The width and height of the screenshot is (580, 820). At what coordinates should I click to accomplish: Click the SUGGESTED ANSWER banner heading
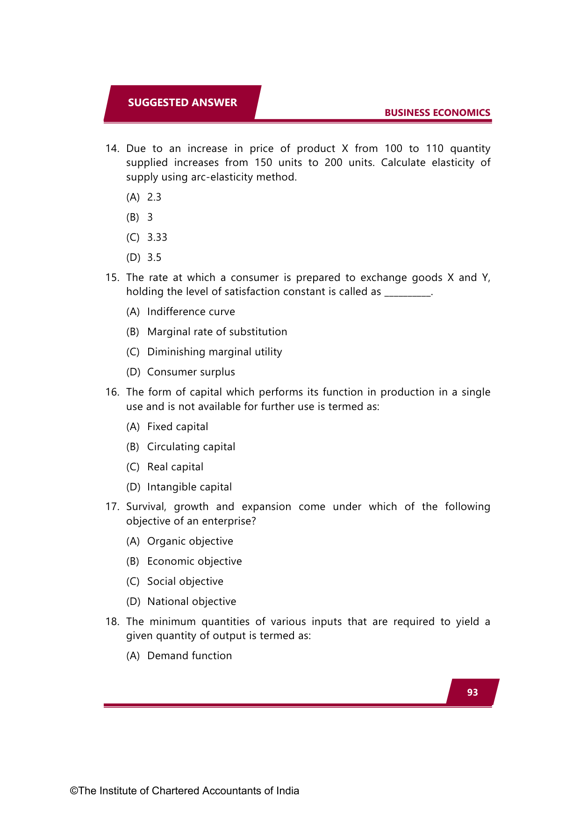182,102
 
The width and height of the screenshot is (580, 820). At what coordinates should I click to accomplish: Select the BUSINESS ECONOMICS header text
437,113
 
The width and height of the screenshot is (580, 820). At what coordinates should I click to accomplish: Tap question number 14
112,149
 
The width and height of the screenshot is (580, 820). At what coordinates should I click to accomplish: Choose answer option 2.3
154,197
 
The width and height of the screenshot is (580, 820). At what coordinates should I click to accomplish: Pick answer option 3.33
157,237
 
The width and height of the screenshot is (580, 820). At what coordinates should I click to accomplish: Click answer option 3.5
154,258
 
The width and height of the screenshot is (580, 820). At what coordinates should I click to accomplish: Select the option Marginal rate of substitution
217,332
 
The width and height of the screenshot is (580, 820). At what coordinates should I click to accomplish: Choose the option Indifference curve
191,312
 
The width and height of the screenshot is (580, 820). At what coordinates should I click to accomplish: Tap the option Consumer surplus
191,372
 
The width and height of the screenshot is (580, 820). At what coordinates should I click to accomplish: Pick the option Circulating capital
191,447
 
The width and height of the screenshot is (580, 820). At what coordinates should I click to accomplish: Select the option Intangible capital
189,487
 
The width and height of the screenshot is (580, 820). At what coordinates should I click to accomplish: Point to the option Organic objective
190,541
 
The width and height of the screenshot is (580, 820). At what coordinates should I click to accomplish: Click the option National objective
192,602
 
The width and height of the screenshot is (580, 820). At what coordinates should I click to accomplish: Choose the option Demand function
189,656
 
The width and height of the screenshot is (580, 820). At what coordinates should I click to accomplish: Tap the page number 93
472,692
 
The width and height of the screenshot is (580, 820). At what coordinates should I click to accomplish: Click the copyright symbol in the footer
74,791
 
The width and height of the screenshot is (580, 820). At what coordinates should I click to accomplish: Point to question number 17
112,507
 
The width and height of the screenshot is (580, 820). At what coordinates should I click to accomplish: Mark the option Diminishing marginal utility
215,352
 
